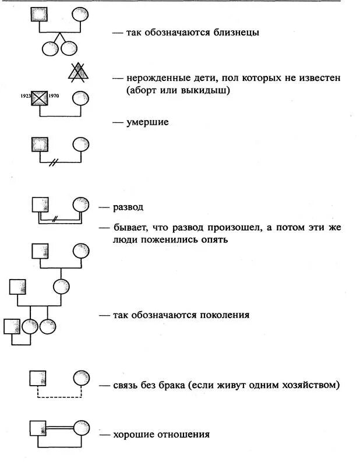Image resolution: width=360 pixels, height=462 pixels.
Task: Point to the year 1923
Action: [x=24, y=94]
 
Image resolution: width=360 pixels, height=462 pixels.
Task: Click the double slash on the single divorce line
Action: [x=54, y=162]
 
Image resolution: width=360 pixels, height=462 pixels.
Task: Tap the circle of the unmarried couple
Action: [x=81, y=378]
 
